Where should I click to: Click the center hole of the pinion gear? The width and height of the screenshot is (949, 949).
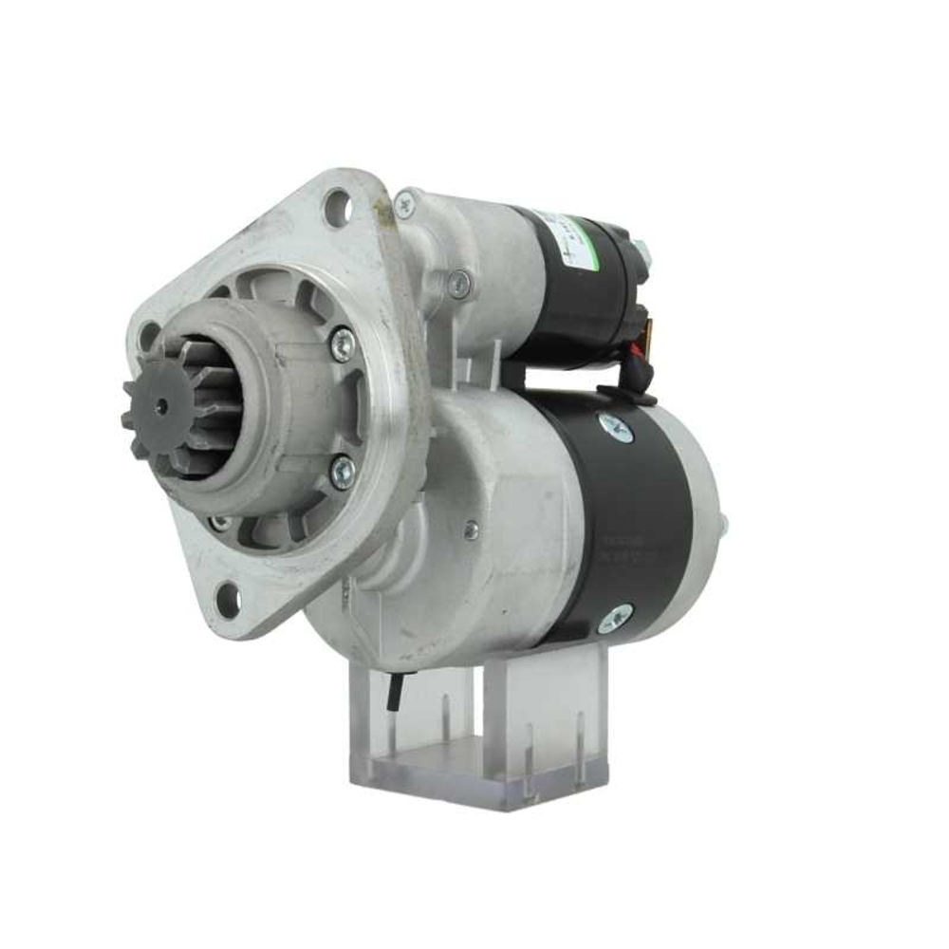[160, 406]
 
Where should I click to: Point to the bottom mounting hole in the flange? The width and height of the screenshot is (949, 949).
[228, 599]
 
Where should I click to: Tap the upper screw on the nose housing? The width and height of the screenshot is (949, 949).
[343, 343]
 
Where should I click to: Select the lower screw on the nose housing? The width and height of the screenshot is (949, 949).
[342, 471]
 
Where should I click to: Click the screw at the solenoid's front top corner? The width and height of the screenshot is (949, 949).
[406, 202]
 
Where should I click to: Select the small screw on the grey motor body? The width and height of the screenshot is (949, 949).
[471, 530]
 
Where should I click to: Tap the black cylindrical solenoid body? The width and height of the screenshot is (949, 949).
[588, 285]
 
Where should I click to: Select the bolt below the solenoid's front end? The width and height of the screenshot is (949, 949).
[459, 284]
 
